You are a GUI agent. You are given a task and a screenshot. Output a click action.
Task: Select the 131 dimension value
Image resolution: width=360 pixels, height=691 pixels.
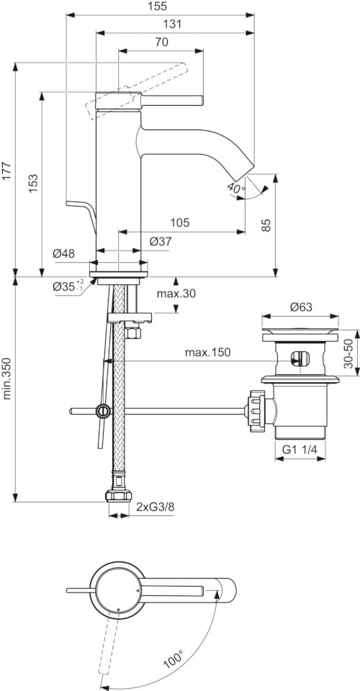point(171,24)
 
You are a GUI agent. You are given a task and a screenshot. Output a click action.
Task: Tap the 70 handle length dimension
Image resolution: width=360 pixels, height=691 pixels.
point(161,42)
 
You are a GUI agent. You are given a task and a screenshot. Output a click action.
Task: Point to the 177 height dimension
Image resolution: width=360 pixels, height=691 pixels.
point(7,170)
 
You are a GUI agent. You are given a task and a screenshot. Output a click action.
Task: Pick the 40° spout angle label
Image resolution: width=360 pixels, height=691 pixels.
point(235,188)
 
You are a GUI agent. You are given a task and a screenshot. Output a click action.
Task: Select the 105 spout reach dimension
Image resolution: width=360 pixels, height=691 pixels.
point(180,223)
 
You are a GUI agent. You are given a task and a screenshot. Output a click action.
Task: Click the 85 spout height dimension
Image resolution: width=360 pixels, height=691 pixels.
point(266,225)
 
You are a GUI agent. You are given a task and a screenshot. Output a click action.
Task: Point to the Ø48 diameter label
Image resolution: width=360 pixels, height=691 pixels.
point(65,253)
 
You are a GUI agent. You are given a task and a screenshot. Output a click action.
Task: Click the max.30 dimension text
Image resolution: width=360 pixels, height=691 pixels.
point(176,293)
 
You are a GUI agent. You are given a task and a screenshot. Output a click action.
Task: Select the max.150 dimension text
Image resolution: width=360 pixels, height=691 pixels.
point(207,352)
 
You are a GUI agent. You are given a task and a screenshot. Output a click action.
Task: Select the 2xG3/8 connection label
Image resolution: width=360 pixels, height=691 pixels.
point(155,507)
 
